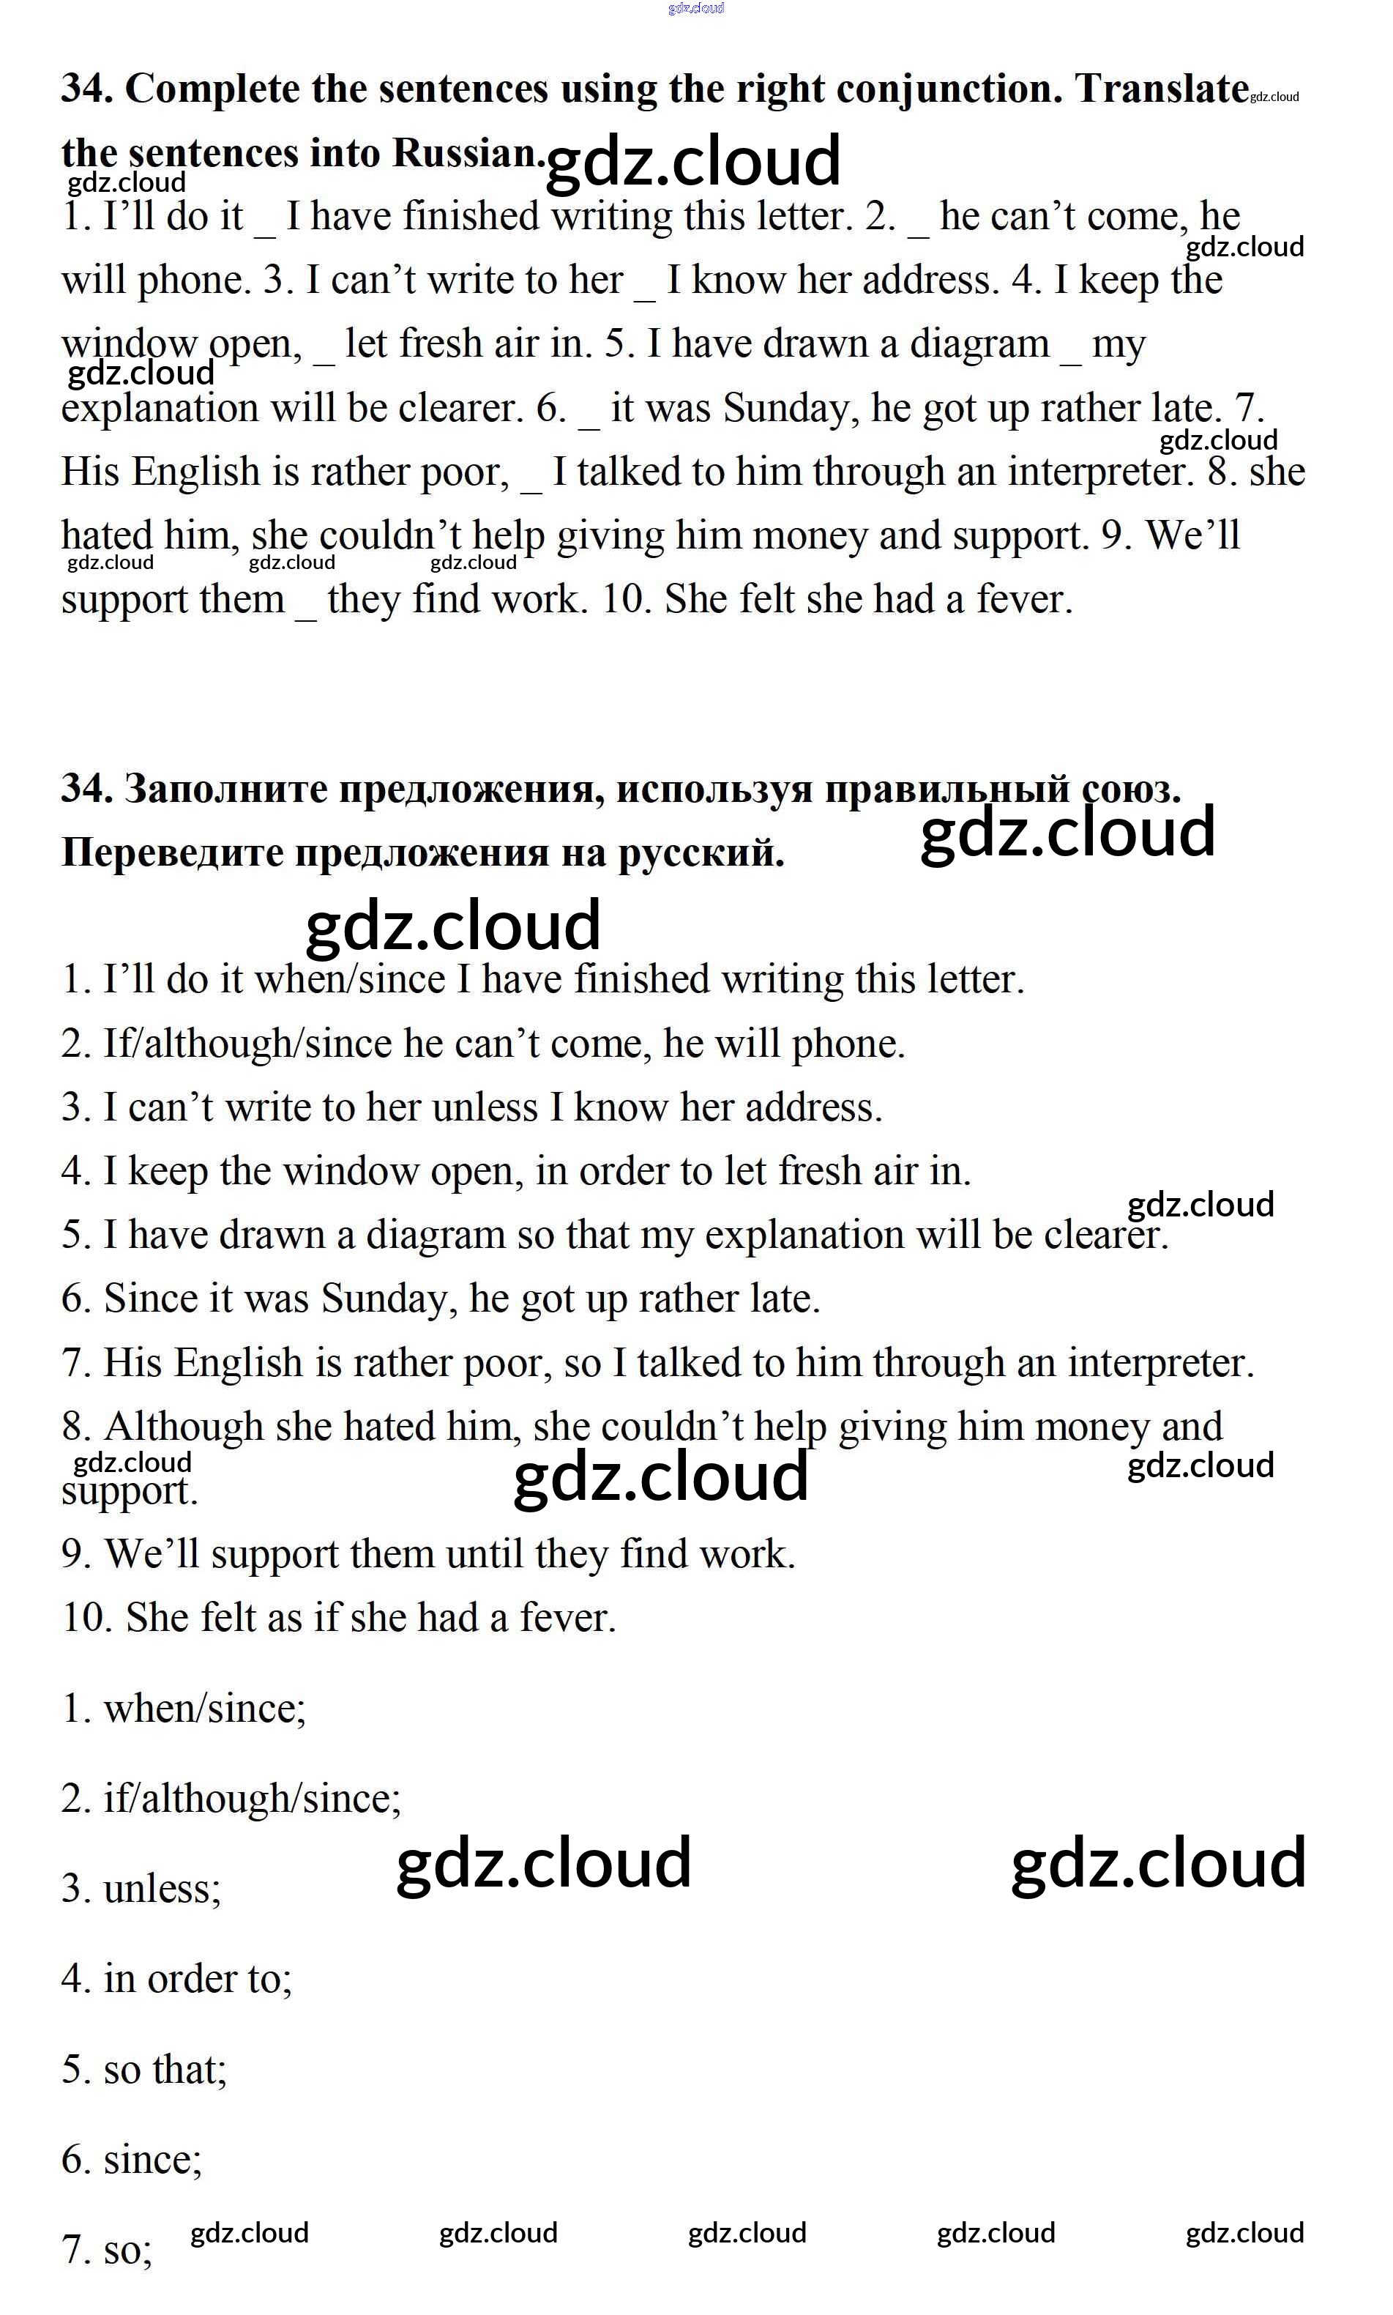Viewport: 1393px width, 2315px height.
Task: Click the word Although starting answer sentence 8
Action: (183, 1427)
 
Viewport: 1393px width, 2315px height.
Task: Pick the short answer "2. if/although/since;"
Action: (231, 1799)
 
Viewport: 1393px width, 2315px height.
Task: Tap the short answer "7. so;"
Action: (107, 2249)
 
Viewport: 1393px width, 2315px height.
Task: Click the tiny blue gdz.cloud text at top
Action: (695, 9)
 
